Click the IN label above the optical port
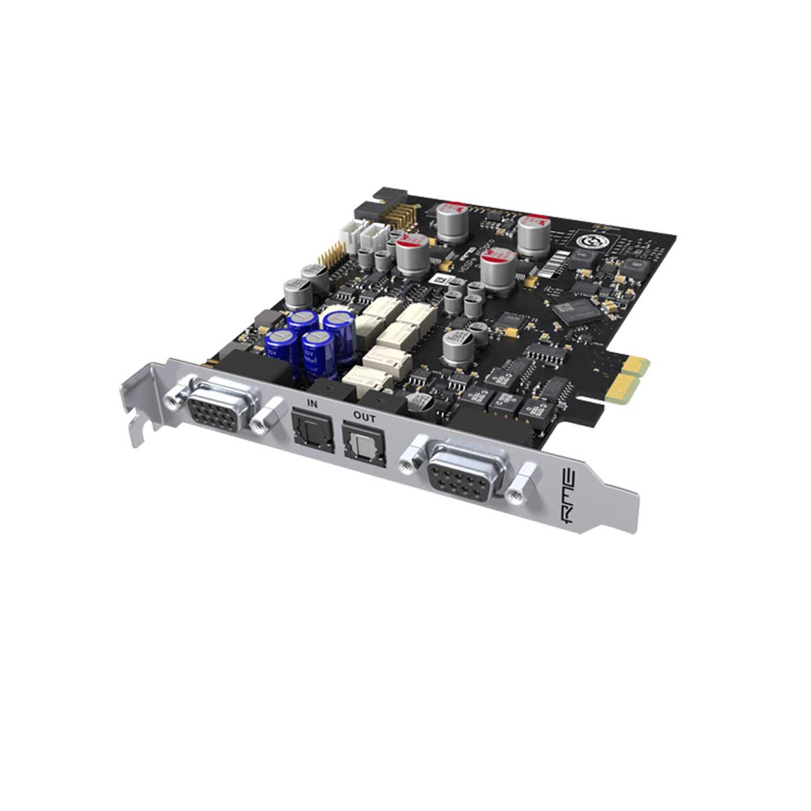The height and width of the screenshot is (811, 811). pyautogui.click(x=312, y=403)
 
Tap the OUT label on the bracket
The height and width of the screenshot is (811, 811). pyautogui.click(x=364, y=418)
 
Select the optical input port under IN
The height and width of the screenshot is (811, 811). pyautogui.click(x=308, y=431)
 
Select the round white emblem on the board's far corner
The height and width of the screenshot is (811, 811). pyautogui.click(x=585, y=240)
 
